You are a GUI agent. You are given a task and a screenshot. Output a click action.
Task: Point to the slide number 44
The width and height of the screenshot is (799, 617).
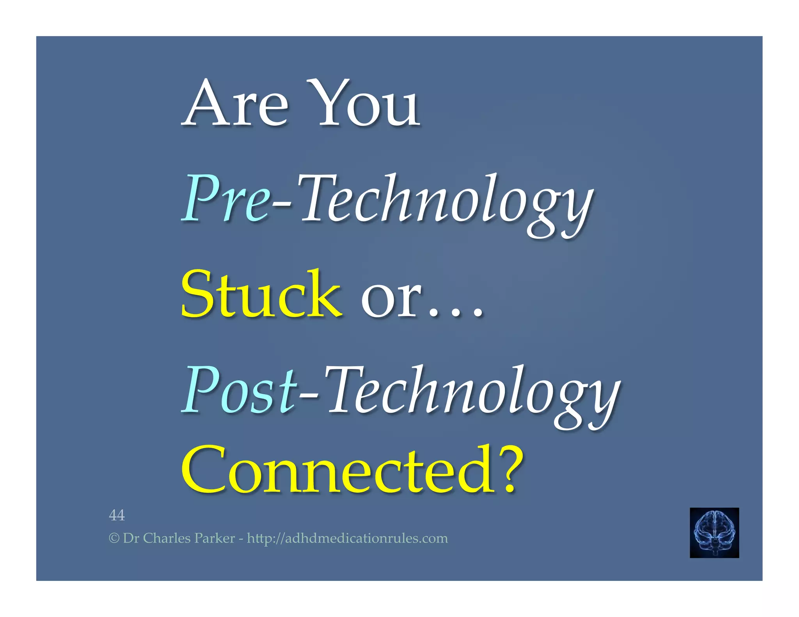pyautogui.click(x=117, y=515)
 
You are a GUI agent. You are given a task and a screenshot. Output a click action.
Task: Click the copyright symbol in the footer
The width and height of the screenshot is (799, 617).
pyautogui.click(x=114, y=539)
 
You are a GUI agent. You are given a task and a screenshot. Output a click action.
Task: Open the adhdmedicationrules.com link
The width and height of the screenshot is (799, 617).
pyautogui.click(x=347, y=539)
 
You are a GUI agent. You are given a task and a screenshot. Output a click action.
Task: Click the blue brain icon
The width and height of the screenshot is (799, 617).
pyautogui.click(x=714, y=532)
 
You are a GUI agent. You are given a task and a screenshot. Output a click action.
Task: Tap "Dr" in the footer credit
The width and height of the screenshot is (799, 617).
pyautogui.click(x=131, y=539)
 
